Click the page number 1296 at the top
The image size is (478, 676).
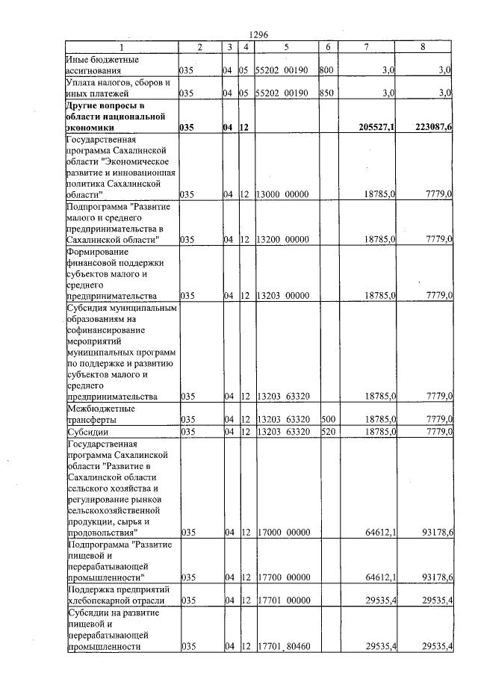pos(261,34)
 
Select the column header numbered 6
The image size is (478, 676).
pos(328,47)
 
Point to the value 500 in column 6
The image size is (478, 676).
pos(327,420)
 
